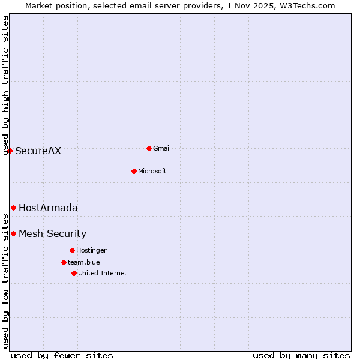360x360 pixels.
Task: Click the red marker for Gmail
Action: point(149,148)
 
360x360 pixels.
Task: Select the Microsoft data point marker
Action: point(134,171)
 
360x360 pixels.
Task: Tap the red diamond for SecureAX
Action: point(10,151)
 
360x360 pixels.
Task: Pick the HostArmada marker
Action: point(13,208)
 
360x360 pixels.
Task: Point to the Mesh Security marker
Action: point(13,233)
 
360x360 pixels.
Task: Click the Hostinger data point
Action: point(72,250)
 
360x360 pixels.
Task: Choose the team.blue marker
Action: point(64,262)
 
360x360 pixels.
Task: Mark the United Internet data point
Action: point(74,273)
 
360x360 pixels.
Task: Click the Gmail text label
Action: point(162,148)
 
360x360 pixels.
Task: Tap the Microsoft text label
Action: point(152,171)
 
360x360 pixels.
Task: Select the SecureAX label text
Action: point(38,151)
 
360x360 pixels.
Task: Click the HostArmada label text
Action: point(48,208)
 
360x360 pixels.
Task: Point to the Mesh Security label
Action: point(52,233)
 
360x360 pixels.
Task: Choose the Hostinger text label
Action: point(91,250)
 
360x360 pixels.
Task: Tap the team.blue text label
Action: point(83,262)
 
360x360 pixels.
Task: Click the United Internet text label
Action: point(102,273)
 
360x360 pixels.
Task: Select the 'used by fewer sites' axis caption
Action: point(62,355)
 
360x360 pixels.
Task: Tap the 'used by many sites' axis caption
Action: point(301,355)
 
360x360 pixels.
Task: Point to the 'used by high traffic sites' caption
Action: point(5,85)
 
